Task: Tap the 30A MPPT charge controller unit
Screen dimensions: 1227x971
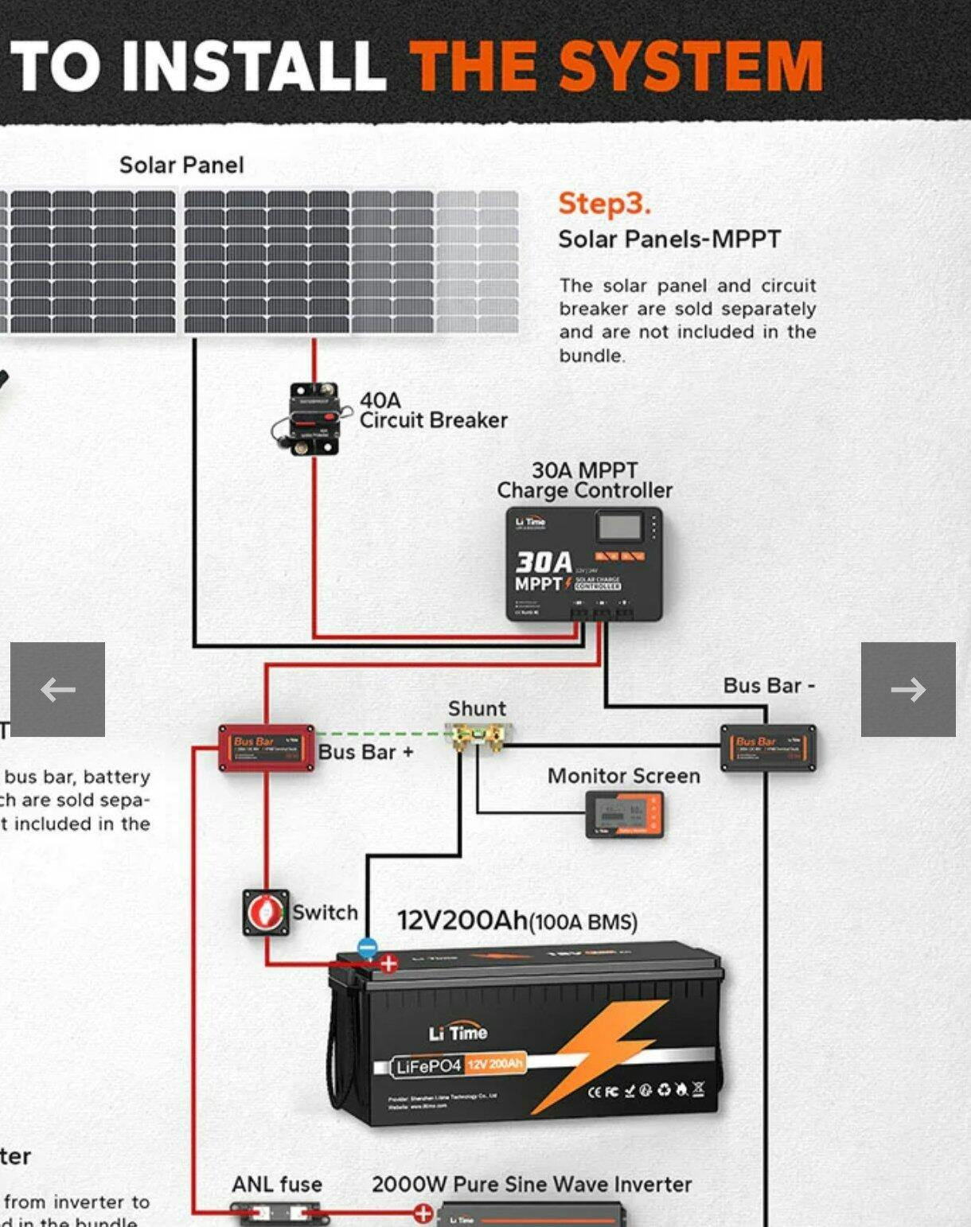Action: click(584, 563)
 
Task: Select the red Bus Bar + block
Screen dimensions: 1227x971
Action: click(266, 748)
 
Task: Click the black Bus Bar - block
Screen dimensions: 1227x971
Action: click(767, 748)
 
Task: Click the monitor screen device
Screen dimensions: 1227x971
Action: click(624, 815)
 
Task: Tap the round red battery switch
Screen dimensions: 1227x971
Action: click(265, 912)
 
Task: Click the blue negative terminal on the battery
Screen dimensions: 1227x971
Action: click(367, 947)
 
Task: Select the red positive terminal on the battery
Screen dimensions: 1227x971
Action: click(388, 964)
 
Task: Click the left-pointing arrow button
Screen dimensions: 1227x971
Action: click(57, 689)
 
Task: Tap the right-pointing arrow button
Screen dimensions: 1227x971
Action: click(908, 689)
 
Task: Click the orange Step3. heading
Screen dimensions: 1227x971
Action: click(604, 204)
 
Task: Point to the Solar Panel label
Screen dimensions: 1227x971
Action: click(181, 165)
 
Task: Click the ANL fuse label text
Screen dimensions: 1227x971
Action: click(277, 1184)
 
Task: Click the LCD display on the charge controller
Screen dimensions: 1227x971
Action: click(619, 526)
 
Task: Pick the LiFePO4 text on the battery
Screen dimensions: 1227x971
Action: click(428, 1066)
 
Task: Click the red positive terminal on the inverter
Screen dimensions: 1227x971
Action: click(423, 1213)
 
